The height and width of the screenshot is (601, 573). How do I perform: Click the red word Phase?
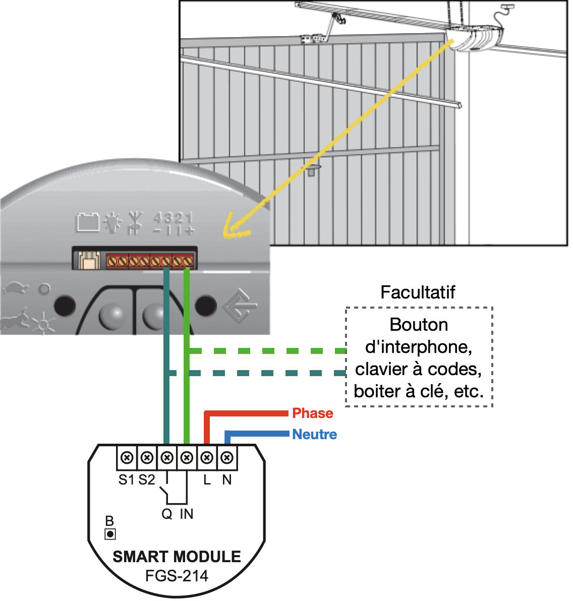pos(312,413)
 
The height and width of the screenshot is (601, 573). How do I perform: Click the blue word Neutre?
pos(314,435)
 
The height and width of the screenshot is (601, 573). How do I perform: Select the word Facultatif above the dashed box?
pos(418,292)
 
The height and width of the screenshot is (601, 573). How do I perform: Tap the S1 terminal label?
pos(126,480)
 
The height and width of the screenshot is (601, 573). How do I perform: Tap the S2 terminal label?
pos(147,480)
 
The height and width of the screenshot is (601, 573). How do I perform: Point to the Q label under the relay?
pos(166,514)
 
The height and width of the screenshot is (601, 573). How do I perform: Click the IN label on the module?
pos(187,514)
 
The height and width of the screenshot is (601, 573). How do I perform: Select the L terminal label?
pos(207,480)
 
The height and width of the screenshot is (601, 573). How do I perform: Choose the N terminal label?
pos(227,480)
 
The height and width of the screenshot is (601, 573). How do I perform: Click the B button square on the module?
pos(110,534)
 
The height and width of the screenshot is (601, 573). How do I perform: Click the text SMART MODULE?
pos(177,557)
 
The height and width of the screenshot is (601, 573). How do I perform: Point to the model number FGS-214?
pos(177,576)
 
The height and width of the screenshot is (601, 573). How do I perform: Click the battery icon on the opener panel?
pos(88,222)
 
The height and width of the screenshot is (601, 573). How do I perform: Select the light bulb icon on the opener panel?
pos(112,222)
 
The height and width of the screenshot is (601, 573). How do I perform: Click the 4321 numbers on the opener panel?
pos(173,218)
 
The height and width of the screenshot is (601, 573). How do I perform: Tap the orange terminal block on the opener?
pos(150,261)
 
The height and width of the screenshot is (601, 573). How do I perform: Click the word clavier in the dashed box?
pos(381,370)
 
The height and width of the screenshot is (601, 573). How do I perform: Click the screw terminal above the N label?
pos(227,458)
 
